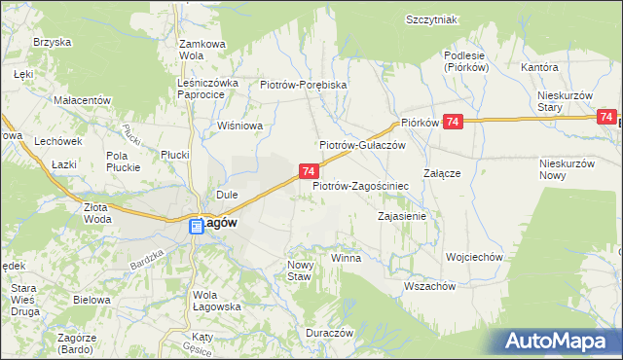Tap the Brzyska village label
pyautogui.click(x=53, y=42)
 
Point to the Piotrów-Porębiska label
pyautogui.click(x=304, y=85)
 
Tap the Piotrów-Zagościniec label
pyautogui.click(x=359, y=184)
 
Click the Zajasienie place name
pyautogui.click(x=402, y=216)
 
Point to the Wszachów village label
pyautogui.click(x=429, y=286)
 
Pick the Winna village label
pyautogui.click(x=346, y=258)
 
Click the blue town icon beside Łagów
pyautogui.click(x=196, y=226)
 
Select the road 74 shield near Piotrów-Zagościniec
pyautogui.click(x=307, y=171)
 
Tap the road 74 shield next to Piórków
pyautogui.click(x=452, y=121)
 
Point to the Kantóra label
pyautogui.click(x=539, y=68)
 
